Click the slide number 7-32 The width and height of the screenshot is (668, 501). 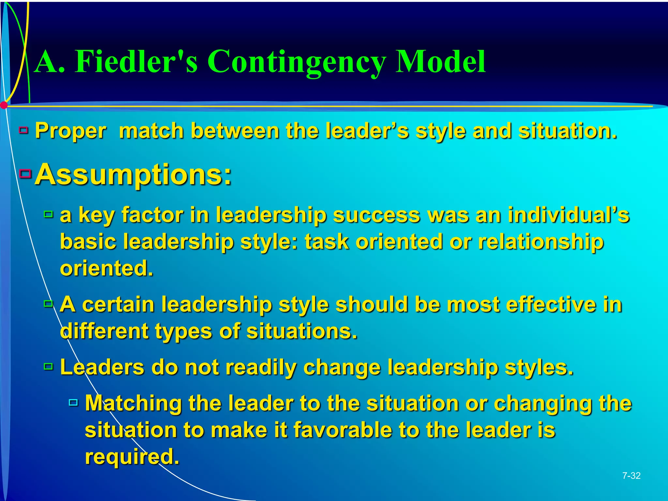point(631,476)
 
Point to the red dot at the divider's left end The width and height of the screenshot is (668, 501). point(4,105)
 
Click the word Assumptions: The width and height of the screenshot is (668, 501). point(133,175)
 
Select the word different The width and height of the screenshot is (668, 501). point(104,331)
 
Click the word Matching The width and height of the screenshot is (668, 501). point(133,404)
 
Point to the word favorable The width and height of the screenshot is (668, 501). point(342,430)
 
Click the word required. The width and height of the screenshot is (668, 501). point(132,457)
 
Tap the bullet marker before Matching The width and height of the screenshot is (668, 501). point(73,402)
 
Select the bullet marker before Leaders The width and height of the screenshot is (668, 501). point(48,367)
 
